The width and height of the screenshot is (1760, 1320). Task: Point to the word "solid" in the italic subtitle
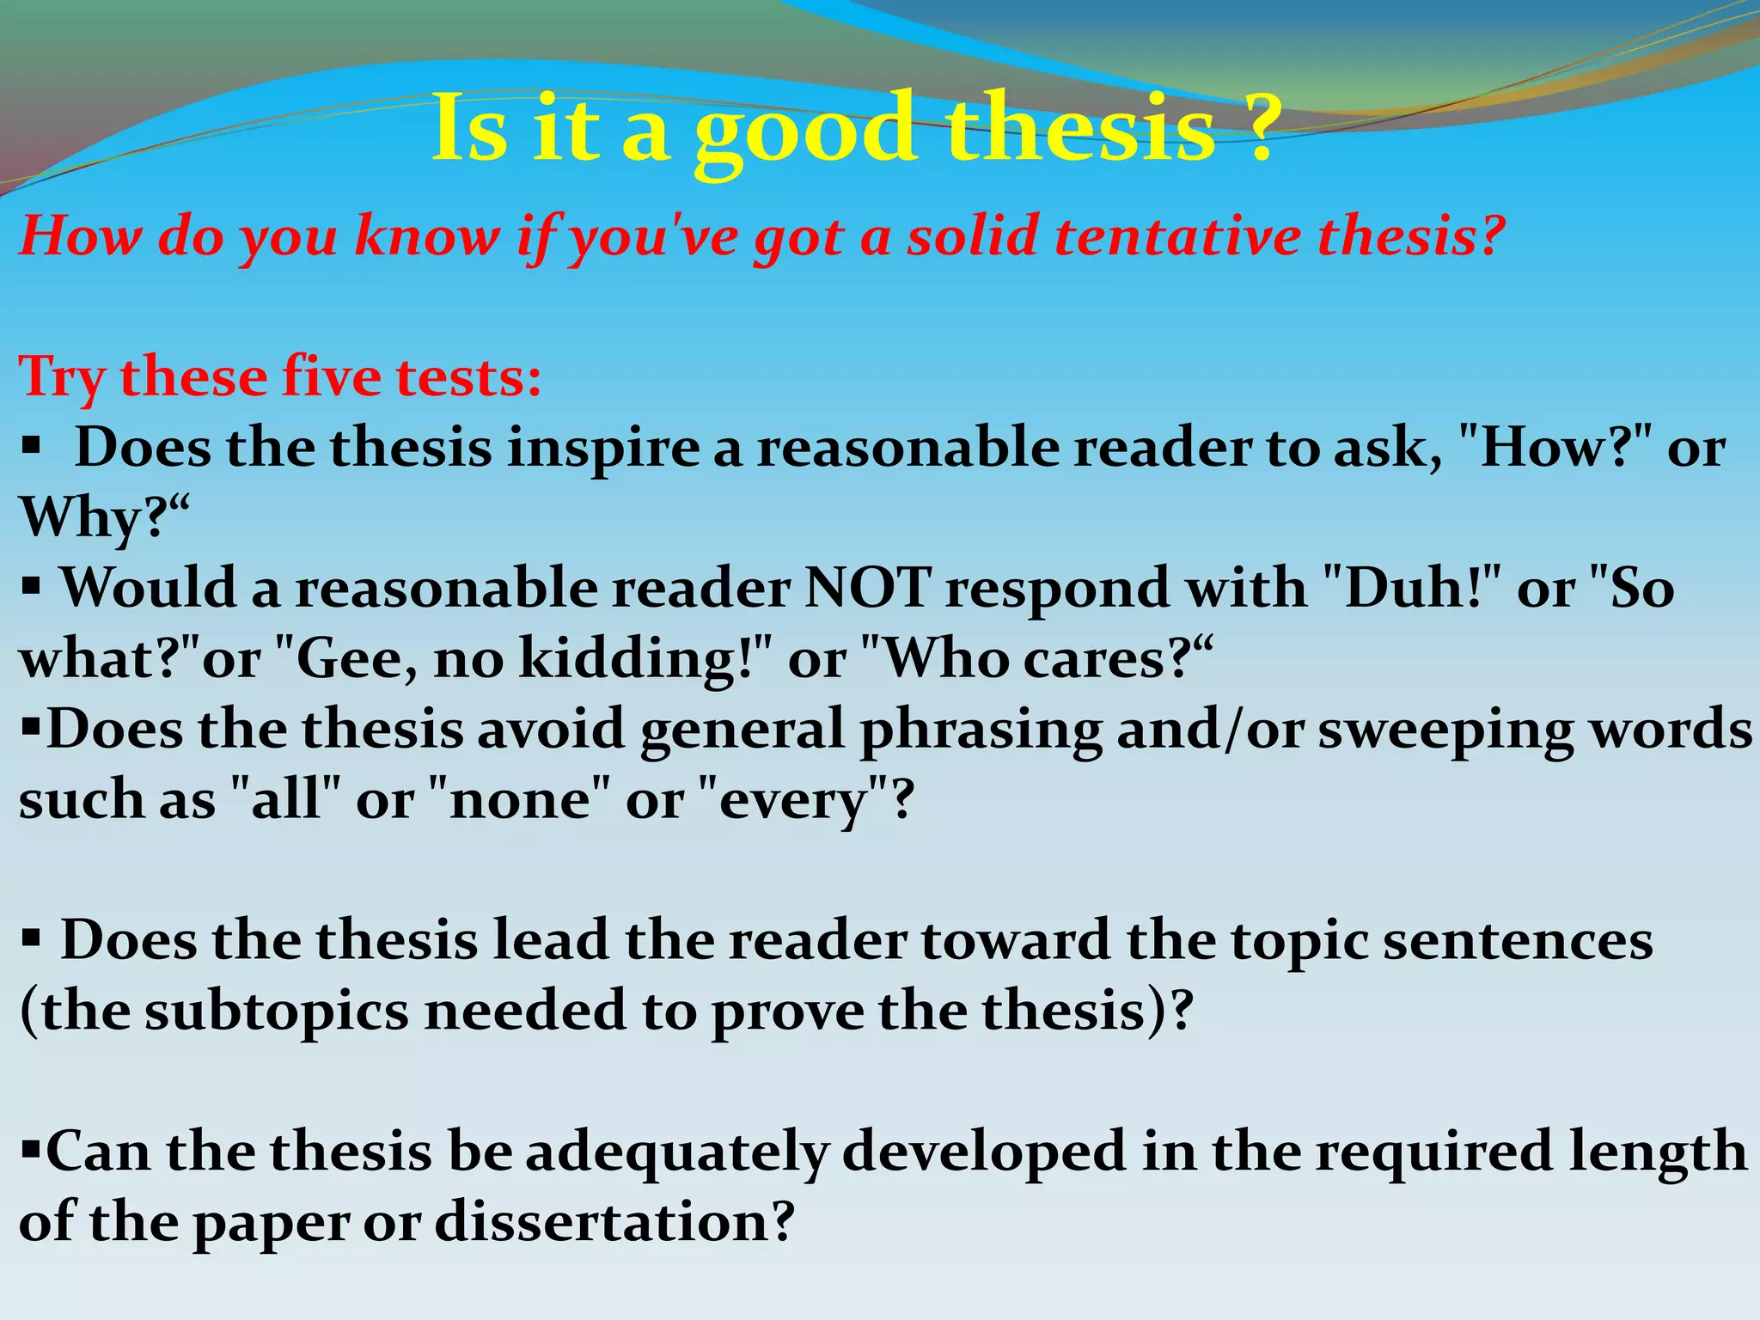click(x=972, y=235)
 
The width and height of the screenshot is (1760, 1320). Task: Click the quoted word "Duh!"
click(x=1409, y=589)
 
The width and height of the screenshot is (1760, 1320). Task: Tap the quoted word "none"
click(x=519, y=800)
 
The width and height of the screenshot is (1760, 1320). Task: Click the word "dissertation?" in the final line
click(x=614, y=1222)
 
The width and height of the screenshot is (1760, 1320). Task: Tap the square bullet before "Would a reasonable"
click(x=31, y=590)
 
